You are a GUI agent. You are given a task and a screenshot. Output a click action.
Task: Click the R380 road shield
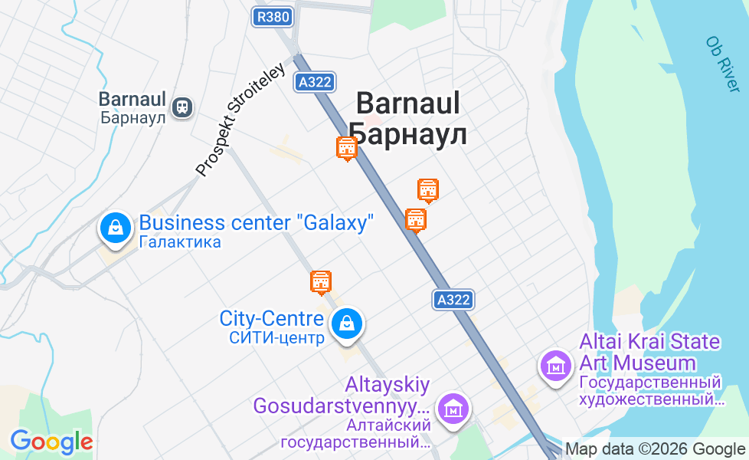tap(273, 17)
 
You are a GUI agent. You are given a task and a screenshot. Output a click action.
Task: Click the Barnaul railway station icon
tap(182, 107)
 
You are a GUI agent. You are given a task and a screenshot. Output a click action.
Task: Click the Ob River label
tap(723, 64)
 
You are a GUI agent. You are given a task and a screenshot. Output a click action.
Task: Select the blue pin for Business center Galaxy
tap(115, 228)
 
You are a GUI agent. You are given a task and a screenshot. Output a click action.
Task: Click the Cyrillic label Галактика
tap(181, 242)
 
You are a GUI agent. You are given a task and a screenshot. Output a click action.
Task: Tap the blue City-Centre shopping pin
tap(347, 323)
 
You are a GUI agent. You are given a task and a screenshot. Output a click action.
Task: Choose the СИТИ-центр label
tap(276, 337)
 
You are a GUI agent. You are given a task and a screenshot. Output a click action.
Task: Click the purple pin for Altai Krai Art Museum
tap(555, 364)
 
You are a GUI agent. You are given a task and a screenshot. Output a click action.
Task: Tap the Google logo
tap(51, 442)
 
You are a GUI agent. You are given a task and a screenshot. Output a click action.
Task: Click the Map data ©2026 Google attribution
tap(655, 450)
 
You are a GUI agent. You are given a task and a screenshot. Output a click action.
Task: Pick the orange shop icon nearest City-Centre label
tap(321, 282)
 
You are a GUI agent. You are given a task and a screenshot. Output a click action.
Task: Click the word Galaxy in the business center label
tap(338, 223)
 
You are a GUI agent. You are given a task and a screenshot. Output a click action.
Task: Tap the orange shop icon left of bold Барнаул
tap(347, 148)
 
